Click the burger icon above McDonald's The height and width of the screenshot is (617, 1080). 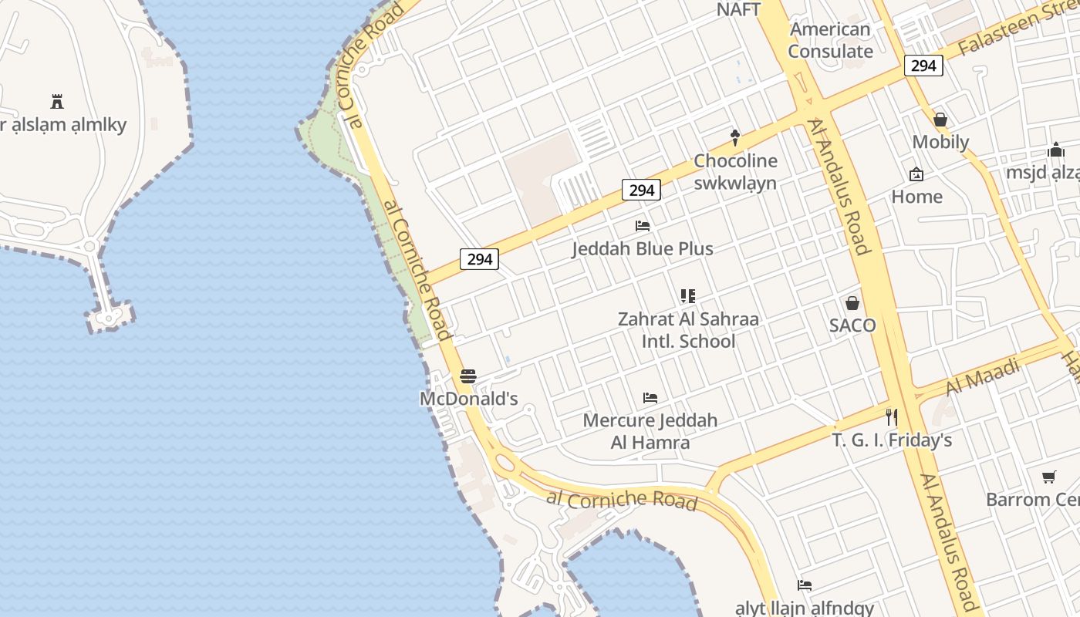(x=468, y=376)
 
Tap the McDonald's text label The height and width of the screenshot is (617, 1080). (x=468, y=399)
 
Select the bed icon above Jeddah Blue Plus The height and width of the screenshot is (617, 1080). (x=643, y=226)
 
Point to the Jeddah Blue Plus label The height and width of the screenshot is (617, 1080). (x=643, y=249)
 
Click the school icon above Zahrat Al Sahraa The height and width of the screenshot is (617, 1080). (x=688, y=296)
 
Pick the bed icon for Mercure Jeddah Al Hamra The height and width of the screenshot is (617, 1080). (x=650, y=398)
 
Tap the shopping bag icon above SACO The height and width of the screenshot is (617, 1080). (x=852, y=303)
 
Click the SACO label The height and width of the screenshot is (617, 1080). (x=852, y=325)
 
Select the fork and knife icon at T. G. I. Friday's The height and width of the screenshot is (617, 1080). (x=892, y=417)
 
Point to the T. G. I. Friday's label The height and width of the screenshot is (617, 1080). (x=892, y=440)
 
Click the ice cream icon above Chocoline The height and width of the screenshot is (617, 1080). (x=735, y=138)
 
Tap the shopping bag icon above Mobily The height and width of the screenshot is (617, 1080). (x=940, y=120)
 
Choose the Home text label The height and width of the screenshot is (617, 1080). (x=917, y=197)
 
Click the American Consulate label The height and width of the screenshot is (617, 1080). (x=830, y=40)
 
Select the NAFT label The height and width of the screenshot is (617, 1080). (x=738, y=9)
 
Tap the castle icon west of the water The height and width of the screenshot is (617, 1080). (x=57, y=101)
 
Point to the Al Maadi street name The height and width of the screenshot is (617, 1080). (x=982, y=376)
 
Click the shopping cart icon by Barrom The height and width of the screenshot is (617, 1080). (x=1048, y=477)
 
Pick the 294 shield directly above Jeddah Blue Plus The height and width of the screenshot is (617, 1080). (x=642, y=190)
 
